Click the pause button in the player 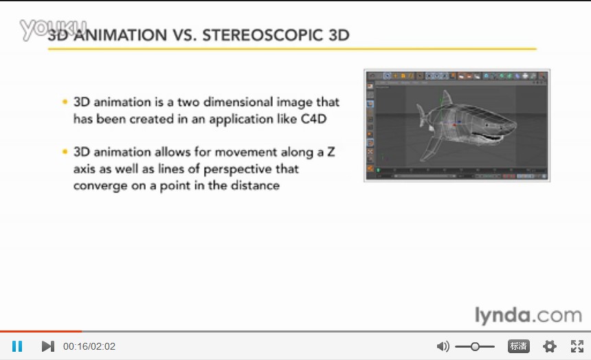[17, 346]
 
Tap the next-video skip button [48, 346]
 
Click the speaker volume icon [443, 346]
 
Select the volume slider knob [475, 346]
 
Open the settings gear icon [549, 346]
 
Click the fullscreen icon [577, 346]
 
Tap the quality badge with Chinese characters [519, 346]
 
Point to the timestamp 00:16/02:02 [89, 346]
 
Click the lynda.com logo [528, 315]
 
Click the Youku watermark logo [53, 29]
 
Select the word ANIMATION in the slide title [120, 35]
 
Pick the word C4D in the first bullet [313, 119]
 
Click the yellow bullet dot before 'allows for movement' [65, 152]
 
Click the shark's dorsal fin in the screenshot [447, 98]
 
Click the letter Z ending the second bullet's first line [331, 152]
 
